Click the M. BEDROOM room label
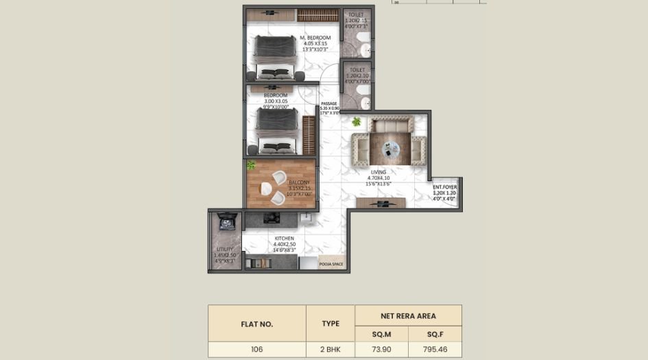[315, 38]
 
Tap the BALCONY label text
[300, 182]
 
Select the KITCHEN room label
[284, 239]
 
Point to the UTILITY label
[224, 249]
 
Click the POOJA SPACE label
[331, 263]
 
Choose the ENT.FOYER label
[444, 187]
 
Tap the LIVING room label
[379, 172]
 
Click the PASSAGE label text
[329, 104]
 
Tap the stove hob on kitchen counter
[272, 219]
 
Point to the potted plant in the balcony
[251, 165]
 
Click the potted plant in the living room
[356, 121]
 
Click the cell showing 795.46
[435, 349]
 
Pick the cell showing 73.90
[381, 349]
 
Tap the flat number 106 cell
[256, 349]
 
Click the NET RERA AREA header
[408, 315]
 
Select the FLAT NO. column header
[256, 324]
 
